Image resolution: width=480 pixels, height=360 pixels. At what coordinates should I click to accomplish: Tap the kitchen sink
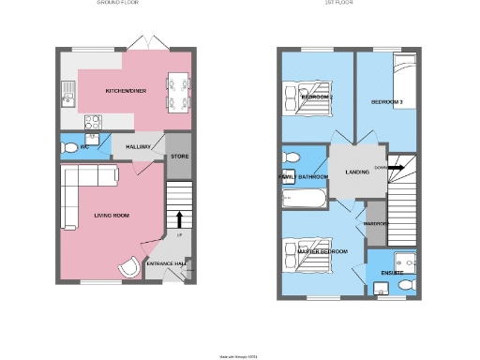(x=68, y=92)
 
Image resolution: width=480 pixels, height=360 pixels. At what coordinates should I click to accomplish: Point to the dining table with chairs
(x=177, y=91)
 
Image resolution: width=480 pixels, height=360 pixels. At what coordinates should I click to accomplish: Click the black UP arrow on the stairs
(x=179, y=218)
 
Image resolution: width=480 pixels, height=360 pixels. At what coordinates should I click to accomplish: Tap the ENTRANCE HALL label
(x=165, y=263)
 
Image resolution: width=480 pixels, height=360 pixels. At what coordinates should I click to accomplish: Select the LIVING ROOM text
(x=110, y=215)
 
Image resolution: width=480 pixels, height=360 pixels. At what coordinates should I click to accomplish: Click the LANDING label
(x=356, y=172)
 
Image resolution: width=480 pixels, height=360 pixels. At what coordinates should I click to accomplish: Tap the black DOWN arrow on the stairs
(x=397, y=169)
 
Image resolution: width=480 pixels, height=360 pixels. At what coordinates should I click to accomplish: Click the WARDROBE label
(x=376, y=223)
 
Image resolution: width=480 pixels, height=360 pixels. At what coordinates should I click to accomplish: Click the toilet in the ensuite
(x=406, y=283)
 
